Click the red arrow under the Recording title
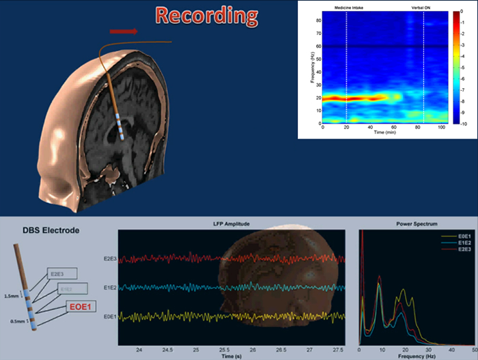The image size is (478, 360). point(123,31)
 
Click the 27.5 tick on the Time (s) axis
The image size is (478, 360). point(339,349)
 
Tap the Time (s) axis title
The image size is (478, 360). point(232,355)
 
